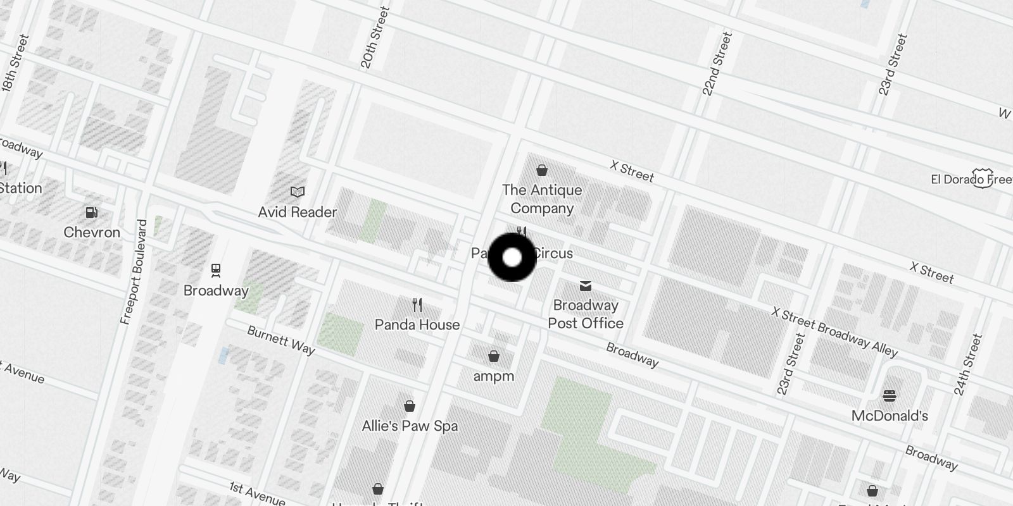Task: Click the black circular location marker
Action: tap(512, 257)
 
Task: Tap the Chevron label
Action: tap(92, 232)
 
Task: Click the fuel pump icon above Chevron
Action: tap(92, 213)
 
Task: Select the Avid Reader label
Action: tap(297, 212)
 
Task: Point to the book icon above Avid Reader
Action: tap(297, 192)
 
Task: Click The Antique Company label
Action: tap(542, 199)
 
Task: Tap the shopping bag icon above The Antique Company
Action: tap(542, 170)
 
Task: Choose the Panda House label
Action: tap(417, 324)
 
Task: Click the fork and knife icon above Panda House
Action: tap(417, 305)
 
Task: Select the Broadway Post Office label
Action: tap(586, 314)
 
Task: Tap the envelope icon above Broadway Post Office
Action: tap(586, 286)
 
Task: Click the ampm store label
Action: tap(494, 376)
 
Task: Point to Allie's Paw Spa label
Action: tap(410, 426)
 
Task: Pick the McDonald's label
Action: tap(890, 416)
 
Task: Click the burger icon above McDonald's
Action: tap(890, 396)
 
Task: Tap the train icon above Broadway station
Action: tap(216, 271)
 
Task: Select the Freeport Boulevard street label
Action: tap(134, 273)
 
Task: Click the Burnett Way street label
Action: tap(280, 340)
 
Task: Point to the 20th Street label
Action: tap(375, 38)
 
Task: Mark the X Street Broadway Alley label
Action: tap(834, 333)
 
